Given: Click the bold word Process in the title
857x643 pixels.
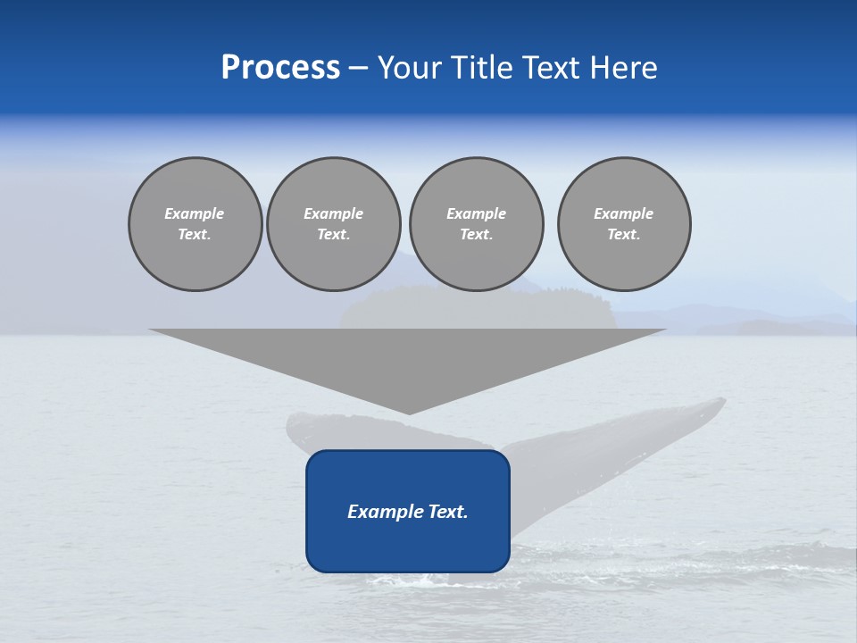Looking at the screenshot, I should click(280, 68).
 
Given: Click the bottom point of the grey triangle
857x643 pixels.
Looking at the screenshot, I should click(409, 413).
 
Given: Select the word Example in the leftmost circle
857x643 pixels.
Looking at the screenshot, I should click(195, 213).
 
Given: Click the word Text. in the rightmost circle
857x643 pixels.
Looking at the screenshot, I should click(624, 234).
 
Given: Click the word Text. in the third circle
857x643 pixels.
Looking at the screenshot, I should click(476, 234).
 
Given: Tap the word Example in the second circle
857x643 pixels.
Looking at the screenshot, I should click(333, 213).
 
